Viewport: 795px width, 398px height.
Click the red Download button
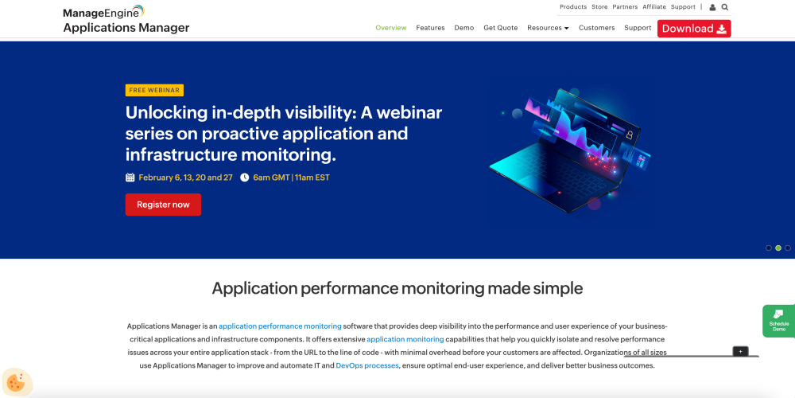pyautogui.click(x=693, y=29)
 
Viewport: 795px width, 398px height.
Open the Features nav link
pyautogui.click(x=430, y=28)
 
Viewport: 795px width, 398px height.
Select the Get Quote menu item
pyautogui.click(x=501, y=28)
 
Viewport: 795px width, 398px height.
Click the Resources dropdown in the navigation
pyautogui.click(x=548, y=28)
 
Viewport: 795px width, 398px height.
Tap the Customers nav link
pyautogui.click(x=596, y=28)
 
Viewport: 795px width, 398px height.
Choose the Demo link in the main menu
pyautogui.click(x=464, y=28)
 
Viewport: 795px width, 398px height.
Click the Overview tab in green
pyautogui.click(x=391, y=28)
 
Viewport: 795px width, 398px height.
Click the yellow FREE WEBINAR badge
pyautogui.click(x=154, y=90)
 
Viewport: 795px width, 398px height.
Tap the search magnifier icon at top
pyautogui.click(x=725, y=7)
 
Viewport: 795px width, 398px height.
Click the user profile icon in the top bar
pyautogui.click(x=712, y=7)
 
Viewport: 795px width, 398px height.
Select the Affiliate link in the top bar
pyautogui.click(x=654, y=7)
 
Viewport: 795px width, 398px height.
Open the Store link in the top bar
pyautogui.click(x=599, y=7)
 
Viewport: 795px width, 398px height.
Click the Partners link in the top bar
pyautogui.click(x=625, y=7)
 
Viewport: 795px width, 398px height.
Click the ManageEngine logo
pyautogui.click(x=103, y=12)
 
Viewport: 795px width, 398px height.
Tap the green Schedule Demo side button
pyautogui.click(x=778, y=321)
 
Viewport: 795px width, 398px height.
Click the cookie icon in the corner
pyautogui.click(x=17, y=382)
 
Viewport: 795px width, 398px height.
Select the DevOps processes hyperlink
pyautogui.click(x=367, y=365)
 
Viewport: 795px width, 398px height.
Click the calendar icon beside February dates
pyautogui.click(x=130, y=178)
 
